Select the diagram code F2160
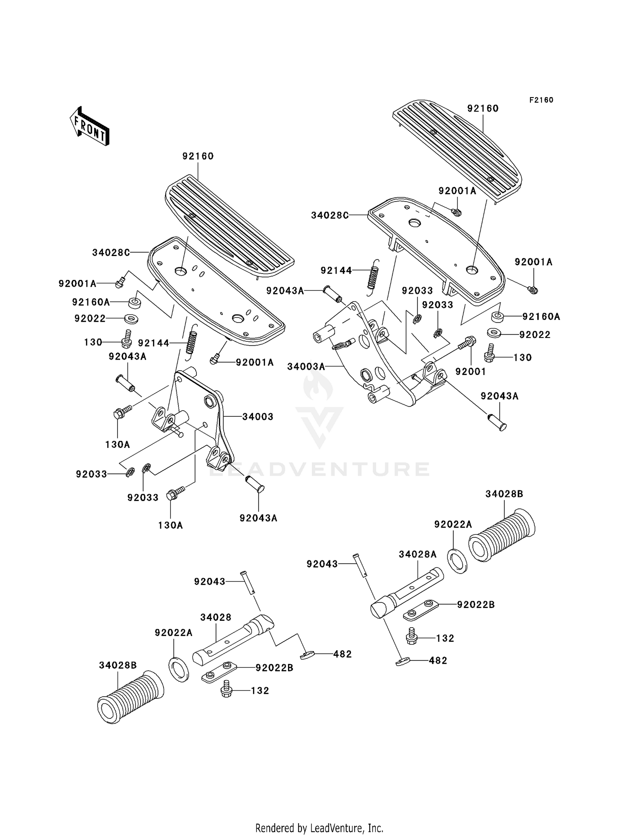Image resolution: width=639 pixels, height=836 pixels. (541, 100)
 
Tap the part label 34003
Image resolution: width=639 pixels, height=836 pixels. (258, 417)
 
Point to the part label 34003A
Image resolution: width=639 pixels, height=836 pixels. (306, 366)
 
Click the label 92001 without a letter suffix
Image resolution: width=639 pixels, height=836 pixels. (470, 372)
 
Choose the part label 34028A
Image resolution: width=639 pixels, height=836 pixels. (417, 554)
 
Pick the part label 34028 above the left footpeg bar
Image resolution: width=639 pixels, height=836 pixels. (216, 617)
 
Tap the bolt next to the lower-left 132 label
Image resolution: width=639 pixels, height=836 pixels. (226, 691)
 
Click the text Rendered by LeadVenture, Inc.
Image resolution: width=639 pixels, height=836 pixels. (319, 828)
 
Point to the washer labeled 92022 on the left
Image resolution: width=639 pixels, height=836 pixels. (131, 318)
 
